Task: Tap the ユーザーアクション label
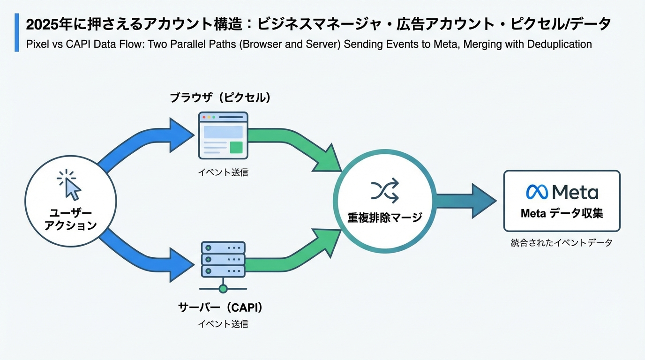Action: coord(70,219)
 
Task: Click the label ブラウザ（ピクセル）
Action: coord(220,98)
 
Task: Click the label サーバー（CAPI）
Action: coord(220,307)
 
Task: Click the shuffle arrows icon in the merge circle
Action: coord(384,190)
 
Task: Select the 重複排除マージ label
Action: coord(384,217)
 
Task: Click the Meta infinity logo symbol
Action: coord(537,192)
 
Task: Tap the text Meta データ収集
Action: coord(562,214)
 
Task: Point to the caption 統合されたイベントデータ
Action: coord(562,243)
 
